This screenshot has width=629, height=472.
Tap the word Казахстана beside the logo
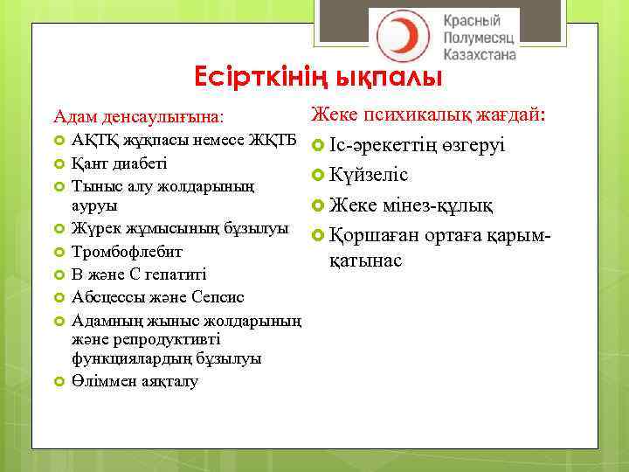(x=480, y=54)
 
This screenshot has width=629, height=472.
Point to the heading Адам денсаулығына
(x=138, y=115)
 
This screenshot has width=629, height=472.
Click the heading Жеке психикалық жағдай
(x=428, y=115)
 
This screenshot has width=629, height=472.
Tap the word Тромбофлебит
(x=128, y=252)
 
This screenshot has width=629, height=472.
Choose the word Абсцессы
(x=108, y=295)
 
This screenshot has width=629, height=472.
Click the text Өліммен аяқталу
(x=135, y=381)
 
